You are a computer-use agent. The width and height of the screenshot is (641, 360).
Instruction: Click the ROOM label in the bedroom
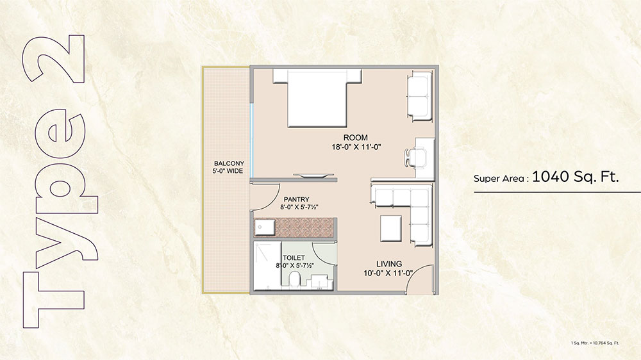[x=355, y=138]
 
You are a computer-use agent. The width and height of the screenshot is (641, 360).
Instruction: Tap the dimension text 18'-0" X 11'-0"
[x=356, y=147]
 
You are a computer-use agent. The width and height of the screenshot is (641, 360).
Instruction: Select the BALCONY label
[x=229, y=163]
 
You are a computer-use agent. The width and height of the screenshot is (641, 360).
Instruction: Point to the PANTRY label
[x=296, y=199]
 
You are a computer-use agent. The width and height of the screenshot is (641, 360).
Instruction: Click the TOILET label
[x=294, y=258]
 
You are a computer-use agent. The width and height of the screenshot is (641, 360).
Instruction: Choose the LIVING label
[x=389, y=264]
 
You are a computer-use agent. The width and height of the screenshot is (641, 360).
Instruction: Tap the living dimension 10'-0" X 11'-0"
[x=388, y=274]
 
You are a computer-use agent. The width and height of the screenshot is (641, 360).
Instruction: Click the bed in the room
[x=317, y=98]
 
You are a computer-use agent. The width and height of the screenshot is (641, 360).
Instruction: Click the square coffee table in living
[x=391, y=229]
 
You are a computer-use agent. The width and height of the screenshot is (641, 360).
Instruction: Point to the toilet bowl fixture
[x=294, y=281]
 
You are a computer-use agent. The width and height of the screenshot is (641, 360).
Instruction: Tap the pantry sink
[x=265, y=227]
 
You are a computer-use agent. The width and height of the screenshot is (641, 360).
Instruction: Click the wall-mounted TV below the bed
[x=310, y=176]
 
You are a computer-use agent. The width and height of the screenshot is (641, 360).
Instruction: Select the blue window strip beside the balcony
[x=252, y=140]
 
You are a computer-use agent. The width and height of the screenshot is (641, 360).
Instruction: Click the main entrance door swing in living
[x=420, y=279]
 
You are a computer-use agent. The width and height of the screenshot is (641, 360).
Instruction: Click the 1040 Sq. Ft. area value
[x=575, y=177]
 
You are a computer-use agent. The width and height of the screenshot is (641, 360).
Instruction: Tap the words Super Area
[x=499, y=179]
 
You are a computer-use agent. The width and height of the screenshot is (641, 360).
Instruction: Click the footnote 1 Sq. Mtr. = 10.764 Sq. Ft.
[x=595, y=343]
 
